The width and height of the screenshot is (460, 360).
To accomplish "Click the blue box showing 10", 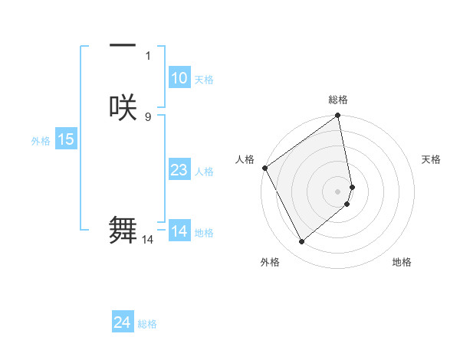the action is tap(179, 78).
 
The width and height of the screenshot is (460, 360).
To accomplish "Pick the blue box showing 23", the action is tap(179, 170).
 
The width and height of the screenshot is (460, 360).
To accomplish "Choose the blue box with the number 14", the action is tap(179, 231).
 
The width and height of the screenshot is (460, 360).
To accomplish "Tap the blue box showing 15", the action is tap(66, 139).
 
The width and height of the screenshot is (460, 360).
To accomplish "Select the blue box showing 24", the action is tap(123, 323).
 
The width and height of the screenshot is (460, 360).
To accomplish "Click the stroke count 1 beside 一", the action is tap(147, 55).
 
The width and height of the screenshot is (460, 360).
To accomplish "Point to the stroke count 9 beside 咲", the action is tap(147, 116).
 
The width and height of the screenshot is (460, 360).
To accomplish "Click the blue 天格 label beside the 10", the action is tap(203, 80).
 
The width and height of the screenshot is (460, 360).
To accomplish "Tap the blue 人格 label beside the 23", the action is tap(204, 172).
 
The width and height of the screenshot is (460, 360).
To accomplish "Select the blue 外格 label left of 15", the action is tap(41, 141).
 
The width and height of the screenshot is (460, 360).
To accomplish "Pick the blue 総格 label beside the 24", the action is tap(147, 325).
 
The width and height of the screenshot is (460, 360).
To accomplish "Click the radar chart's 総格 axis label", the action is tap(338, 100).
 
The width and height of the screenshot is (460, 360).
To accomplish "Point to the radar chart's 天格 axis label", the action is tap(431, 159).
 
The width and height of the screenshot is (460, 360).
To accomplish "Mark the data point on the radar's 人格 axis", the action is tap(264, 168).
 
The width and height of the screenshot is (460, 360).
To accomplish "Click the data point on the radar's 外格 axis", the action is tap(301, 242).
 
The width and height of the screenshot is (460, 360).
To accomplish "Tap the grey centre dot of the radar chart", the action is tap(338, 191).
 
